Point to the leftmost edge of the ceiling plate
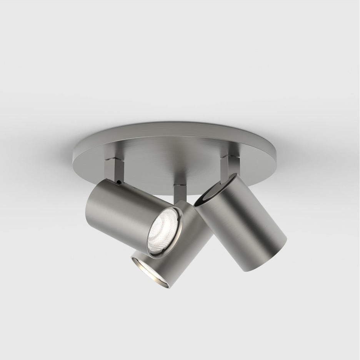(72, 155)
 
